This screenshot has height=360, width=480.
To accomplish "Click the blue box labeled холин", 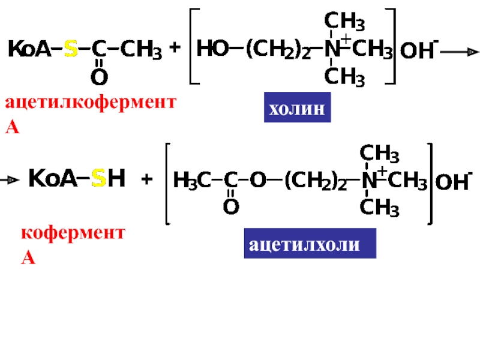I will tap(297, 109).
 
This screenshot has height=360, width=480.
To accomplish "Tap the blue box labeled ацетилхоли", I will tap(310, 243).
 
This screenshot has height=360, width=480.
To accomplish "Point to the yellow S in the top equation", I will tap(71, 52).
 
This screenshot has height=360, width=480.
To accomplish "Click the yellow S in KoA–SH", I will tap(99, 178).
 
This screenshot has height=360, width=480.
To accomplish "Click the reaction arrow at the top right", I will tap(459, 52).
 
